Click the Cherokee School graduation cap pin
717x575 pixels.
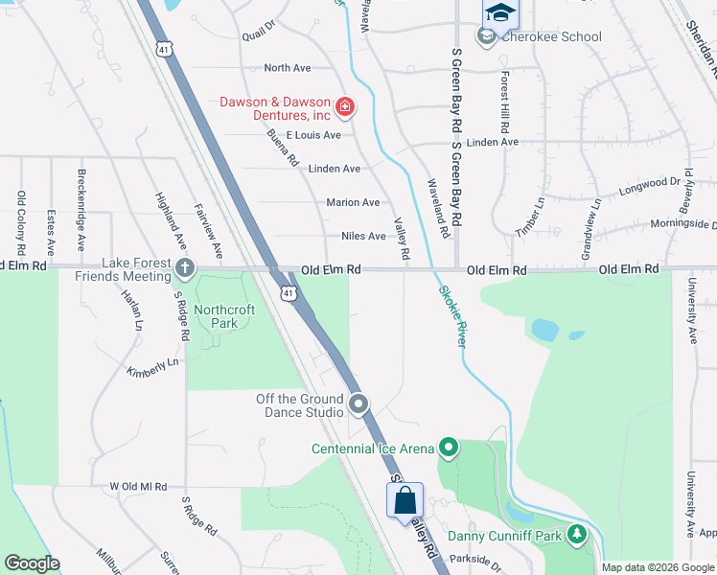pos(499,13)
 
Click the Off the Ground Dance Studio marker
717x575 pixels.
pos(358,404)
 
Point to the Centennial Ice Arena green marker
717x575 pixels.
pos(448,448)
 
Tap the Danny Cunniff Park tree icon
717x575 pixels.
pos(576,535)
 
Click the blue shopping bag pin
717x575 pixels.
pos(405,500)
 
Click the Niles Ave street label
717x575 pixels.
pos(363,236)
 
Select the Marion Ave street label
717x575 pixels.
pos(353,202)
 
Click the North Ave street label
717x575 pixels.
pos(288,68)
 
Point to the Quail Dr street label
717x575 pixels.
pos(259,32)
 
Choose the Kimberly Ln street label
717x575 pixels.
pos(152,367)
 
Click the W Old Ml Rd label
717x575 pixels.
pos(139,487)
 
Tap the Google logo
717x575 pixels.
pos(32,563)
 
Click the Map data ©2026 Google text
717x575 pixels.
pos(657,567)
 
